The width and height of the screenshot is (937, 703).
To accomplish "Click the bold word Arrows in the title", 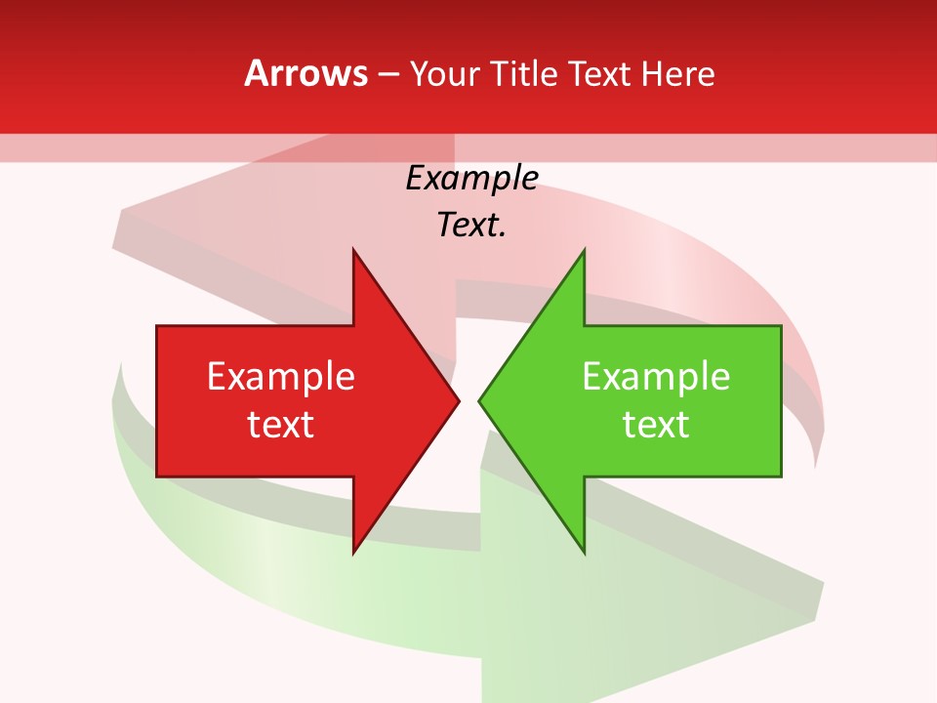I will pyautogui.click(x=306, y=73).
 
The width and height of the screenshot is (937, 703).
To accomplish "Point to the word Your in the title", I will pyautogui.click(x=443, y=73).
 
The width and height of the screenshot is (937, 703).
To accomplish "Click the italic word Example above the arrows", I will pyautogui.click(x=471, y=178).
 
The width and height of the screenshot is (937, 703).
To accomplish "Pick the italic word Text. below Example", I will pyautogui.click(x=471, y=225).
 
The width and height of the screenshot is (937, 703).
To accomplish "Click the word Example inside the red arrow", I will pyautogui.click(x=281, y=377).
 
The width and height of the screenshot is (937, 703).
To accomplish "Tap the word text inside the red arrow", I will pyautogui.click(x=281, y=425).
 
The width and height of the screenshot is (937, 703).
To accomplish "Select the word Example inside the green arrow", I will pyautogui.click(x=656, y=377).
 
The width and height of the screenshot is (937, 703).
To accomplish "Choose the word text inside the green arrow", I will pyautogui.click(x=656, y=425).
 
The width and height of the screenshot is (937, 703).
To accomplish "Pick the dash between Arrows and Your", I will pyautogui.click(x=387, y=74).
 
